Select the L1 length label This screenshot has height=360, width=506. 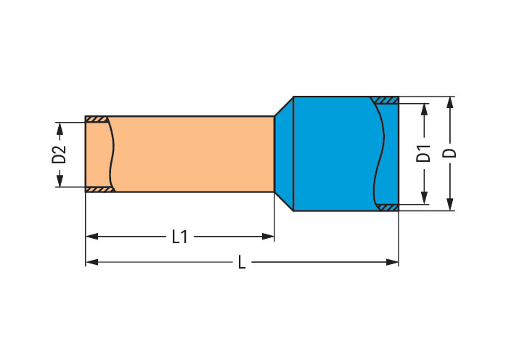coord(180,237)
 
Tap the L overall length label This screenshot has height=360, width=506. coord(242,262)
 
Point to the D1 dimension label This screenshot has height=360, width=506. coord(424,153)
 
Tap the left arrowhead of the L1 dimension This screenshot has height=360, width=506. coord(91,237)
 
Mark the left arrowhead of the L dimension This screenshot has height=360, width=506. coord(91,262)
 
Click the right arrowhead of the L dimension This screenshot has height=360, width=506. coord(393,262)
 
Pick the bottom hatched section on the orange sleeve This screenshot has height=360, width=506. coord(99,189)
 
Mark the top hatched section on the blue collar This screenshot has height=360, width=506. coord(385,100)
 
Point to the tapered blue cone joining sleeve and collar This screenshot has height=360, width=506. coord(283,153)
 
